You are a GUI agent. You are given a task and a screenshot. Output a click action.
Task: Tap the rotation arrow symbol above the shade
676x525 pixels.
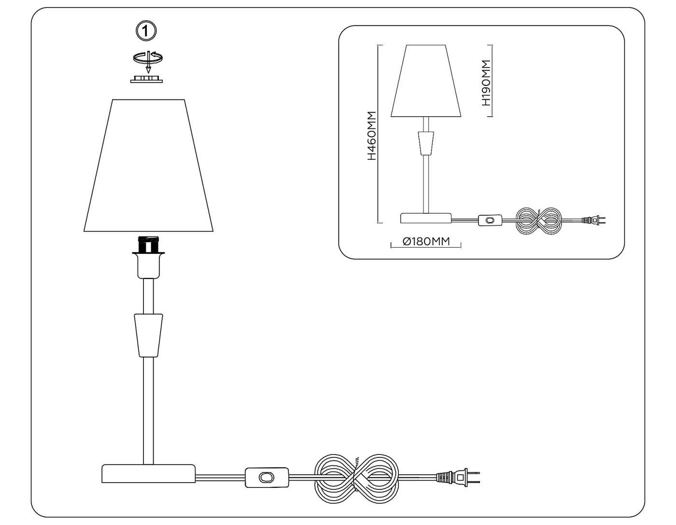tap(148, 58)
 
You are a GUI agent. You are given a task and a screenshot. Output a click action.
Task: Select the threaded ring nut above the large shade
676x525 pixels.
tap(146, 79)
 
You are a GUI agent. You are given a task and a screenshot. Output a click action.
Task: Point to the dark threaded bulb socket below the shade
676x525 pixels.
tap(148, 245)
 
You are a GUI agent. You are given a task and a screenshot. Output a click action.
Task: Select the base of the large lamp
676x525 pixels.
tap(148, 473)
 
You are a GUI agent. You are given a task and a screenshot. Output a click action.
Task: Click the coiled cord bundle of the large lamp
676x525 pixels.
tap(357, 477)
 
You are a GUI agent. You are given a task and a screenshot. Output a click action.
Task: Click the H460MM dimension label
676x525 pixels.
tap(371, 136)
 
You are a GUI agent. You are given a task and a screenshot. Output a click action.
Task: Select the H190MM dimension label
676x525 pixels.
tap(486, 83)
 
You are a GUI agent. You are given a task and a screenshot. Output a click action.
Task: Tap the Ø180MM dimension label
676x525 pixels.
tap(426, 241)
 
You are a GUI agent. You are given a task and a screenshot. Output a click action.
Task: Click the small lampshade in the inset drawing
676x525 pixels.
tap(425, 81)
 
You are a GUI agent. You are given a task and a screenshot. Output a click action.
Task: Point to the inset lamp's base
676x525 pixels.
tap(425, 218)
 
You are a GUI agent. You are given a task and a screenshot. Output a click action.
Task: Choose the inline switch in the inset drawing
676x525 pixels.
tap(491, 221)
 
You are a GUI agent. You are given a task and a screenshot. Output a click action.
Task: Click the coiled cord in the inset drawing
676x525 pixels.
tap(539, 221)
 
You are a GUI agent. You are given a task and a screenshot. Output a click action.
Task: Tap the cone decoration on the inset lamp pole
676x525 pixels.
tap(425, 142)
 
